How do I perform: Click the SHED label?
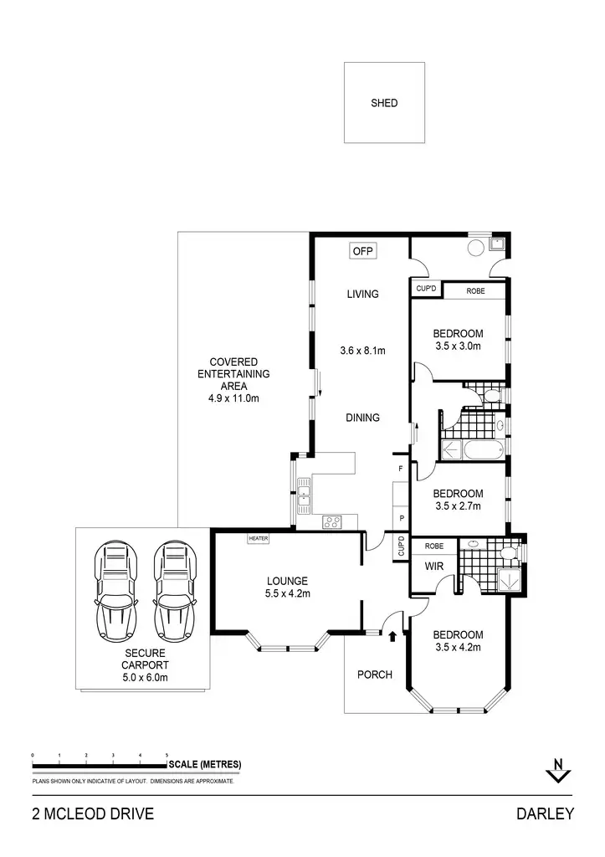click(x=384, y=104)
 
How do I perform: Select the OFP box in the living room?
click(x=361, y=251)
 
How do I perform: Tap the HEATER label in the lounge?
click(x=258, y=539)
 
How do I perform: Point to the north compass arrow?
click(x=556, y=770)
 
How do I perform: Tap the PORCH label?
click(x=374, y=675)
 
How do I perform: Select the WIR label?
click(x=434, y=567)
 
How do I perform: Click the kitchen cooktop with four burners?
click(x=332, y=522)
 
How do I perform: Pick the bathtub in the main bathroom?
click(x=473, y=449)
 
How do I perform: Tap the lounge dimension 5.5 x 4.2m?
click(x=288, y=595)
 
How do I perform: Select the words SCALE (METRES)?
click(x=205, y=764)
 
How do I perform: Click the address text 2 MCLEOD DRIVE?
click(x=92, y=813)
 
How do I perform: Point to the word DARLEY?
click(x=545, y=813)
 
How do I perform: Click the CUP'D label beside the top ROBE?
click(x=426, y=290)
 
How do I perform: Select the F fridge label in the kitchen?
click(x=401, y=470)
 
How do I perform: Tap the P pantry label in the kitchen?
click(x=401, y=518)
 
